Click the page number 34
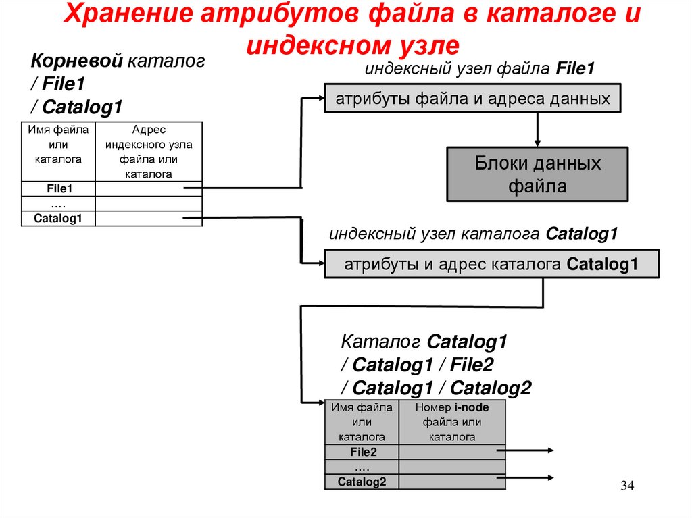628,486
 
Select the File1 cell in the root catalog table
59,189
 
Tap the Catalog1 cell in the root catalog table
59,218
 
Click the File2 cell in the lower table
362,452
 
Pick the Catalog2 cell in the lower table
362,482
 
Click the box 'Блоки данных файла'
537,174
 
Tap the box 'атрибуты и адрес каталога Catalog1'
491,263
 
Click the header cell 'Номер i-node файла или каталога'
452,422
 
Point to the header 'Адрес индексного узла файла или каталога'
149,151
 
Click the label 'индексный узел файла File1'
480,69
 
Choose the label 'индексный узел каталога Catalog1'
474,234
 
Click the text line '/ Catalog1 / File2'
417,365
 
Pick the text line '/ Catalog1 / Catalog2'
436,388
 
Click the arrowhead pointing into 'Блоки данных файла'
537,143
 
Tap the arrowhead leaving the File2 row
550,451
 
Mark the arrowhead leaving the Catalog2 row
550,480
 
